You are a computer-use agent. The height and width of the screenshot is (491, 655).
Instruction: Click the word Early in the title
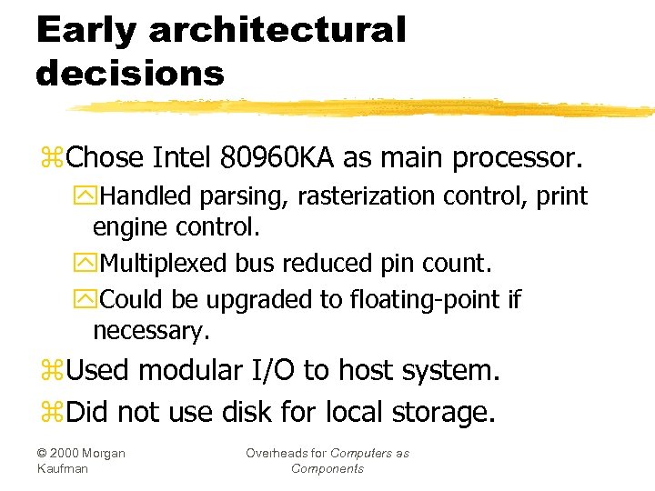point(85,31)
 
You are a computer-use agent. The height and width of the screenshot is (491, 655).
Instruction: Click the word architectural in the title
point(277,31)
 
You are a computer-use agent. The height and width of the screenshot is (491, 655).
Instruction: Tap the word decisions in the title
point(129,73)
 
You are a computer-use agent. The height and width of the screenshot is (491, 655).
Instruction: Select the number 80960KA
point(278,157)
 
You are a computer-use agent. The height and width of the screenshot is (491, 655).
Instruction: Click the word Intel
point(182,157)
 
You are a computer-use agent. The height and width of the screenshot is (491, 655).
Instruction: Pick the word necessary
point(151,332)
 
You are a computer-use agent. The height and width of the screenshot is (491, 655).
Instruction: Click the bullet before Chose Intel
point(51,159)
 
